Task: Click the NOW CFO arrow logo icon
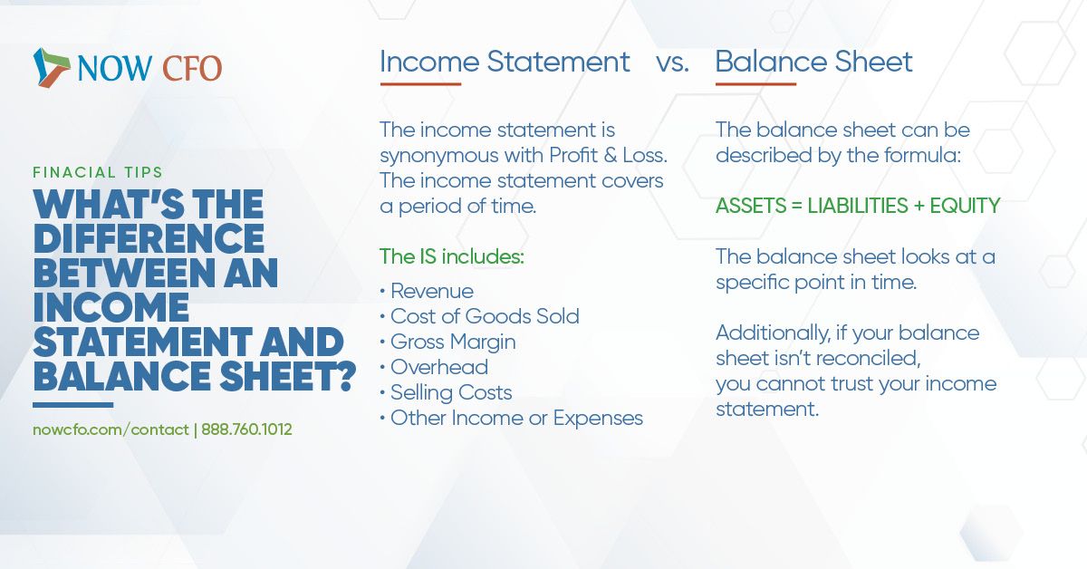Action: click(52, 68)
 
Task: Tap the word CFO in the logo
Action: click(192, 69)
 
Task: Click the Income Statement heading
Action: click(505, 63)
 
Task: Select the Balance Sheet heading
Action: click(813, 62)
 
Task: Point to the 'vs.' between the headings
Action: click(672, 64)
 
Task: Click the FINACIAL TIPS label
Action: click(98, 172)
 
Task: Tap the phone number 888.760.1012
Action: click(246, 429)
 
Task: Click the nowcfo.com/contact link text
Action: click(111, 429)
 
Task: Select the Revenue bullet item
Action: click(431, 291)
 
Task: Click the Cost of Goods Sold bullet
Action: click(485, 316)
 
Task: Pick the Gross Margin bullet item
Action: click(453, 342)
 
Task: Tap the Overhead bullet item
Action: click(439, 367)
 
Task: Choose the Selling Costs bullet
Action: click(451, 392)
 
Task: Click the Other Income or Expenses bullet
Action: click(517, 418)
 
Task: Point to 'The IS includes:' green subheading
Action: click(452, 256)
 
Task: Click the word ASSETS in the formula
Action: click(751, 206)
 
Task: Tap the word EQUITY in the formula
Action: click(965, 206)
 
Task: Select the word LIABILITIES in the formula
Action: click(858, 206)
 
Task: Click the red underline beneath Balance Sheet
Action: click(755, 84)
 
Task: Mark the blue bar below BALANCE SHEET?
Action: click(72, 404)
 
